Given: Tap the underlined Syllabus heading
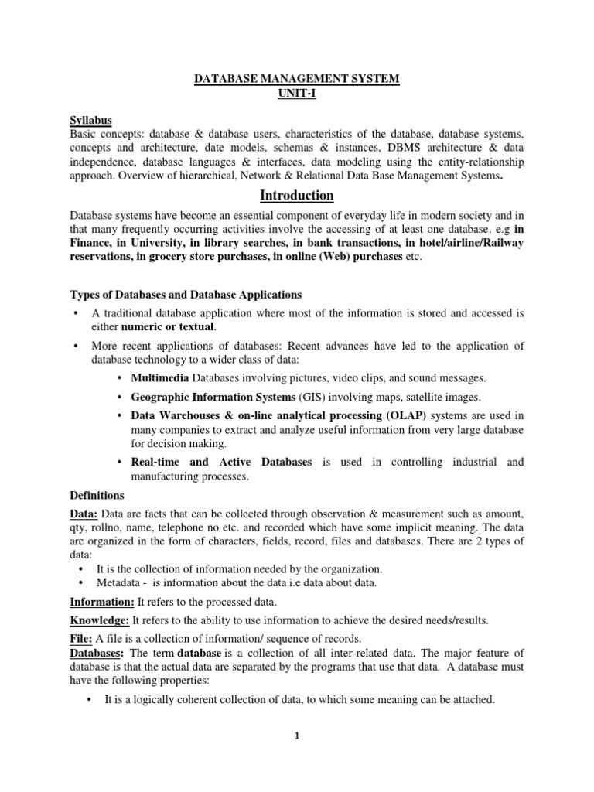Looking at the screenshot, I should point(90,120).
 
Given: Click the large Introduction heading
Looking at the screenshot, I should point(296,196).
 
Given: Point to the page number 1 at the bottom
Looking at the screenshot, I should point(297,737).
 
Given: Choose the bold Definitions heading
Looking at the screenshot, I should point(97,495).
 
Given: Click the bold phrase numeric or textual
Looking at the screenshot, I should point(164,327).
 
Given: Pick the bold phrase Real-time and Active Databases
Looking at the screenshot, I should point(221,462).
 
